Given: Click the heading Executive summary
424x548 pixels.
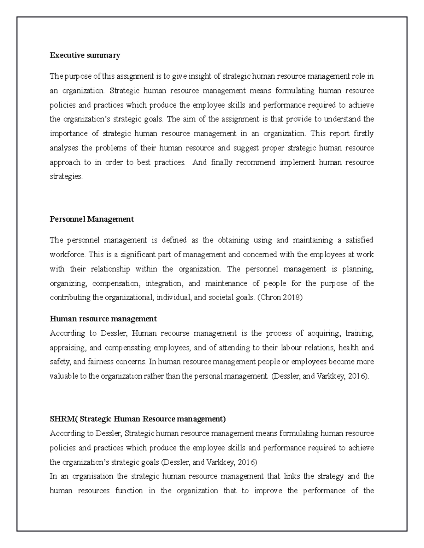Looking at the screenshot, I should (85, 55).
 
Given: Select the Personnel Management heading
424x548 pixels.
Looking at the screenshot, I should (92, 219).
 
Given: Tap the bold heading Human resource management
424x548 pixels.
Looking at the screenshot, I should (103, 319).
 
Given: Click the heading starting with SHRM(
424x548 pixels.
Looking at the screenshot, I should (137, 419).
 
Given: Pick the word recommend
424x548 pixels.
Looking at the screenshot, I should (256, 162).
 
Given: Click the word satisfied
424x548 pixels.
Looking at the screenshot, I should (360, 240).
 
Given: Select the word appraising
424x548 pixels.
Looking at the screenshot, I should (66, 348).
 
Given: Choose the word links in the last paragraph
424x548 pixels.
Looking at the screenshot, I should (292, 476).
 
